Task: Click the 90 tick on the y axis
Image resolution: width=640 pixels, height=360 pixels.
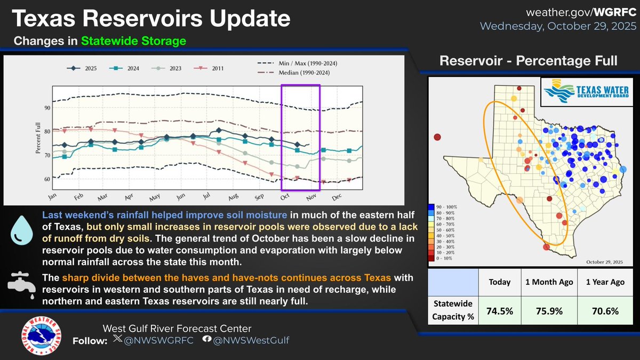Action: coord(47,108)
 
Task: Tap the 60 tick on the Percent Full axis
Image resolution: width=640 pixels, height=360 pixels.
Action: coord(47,179)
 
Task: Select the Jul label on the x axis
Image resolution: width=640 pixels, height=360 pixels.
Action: coord(206,197)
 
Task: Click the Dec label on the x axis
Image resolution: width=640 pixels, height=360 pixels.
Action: coord(336,197)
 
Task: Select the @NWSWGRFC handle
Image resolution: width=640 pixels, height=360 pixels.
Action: coord(155,340)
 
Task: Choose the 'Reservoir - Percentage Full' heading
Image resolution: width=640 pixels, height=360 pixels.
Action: coord(528,61)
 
